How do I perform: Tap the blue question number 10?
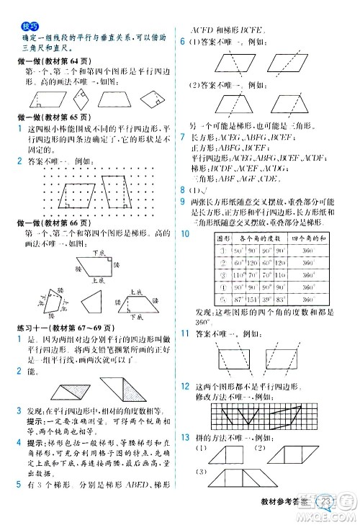(x=185, y=233)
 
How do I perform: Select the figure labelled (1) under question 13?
(x=228, y=454)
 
